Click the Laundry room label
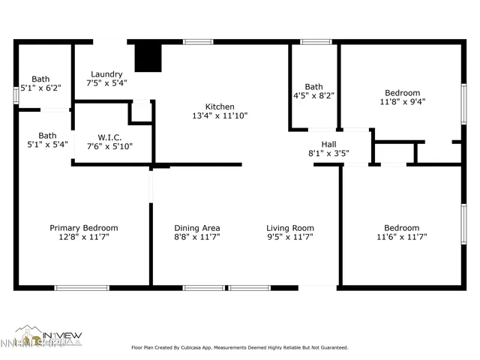click(106, 73)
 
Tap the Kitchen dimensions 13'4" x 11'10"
click(220, 116)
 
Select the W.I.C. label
click(115, 137)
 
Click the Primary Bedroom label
click(83, 228)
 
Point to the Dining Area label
click(196, 228)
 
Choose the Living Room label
click(289, 228)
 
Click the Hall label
click(328, 144)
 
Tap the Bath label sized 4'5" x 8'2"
click(313, 87)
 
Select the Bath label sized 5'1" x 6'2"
click(40, 79)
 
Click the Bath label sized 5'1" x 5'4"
click(47, 136)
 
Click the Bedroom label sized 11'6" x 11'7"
click(402, 228)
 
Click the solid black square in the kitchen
click(148, 58)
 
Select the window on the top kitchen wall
click(198, 42)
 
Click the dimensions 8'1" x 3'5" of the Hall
click(328, 154)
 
